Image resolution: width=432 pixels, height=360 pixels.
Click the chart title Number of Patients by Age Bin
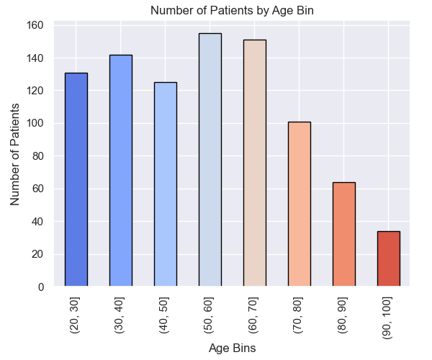[x=232, y=11]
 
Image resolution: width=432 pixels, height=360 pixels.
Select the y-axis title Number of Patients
[x=14, y=155]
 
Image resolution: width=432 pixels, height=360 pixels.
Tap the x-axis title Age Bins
[x=232, y=348]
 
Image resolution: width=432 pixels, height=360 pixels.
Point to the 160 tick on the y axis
[x=35, y=25]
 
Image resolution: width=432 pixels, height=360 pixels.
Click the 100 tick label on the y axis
[x=35, y=123]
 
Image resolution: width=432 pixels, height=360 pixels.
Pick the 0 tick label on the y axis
[x=41, y=287]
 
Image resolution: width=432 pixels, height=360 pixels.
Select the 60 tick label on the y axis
[x=37, y=189]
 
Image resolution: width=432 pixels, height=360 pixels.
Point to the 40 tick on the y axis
[x=37, y=222]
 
